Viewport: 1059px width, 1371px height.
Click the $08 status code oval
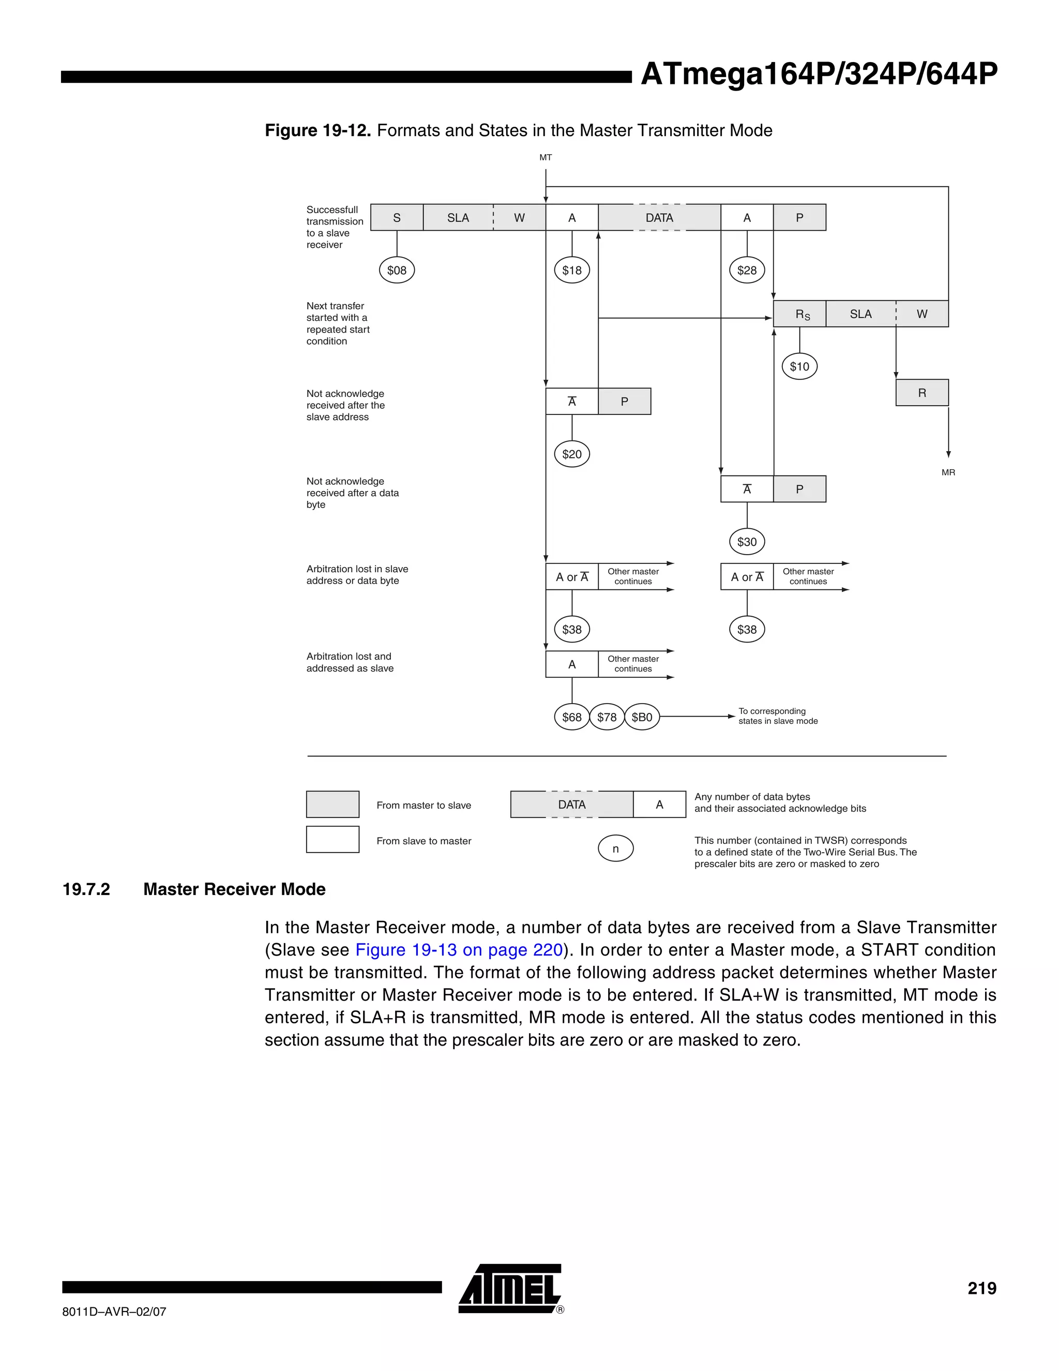click(397, 271)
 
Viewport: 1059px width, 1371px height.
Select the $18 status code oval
click(571, 271)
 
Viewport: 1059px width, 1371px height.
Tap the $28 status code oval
click(747, 271)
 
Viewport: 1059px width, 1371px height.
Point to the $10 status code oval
click(799, 367)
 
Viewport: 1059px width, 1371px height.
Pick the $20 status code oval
click(571, 454)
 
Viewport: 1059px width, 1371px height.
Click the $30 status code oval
click(747, 542)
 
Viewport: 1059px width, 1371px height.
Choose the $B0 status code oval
click(642, 717)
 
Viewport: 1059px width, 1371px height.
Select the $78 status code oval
click(607, 717)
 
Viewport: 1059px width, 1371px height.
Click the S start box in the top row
click(397, 218)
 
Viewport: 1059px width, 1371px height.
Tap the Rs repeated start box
click(800, 314)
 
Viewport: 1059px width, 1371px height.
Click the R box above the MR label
click(921, 393)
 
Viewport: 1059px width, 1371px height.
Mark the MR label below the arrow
click(948, 472)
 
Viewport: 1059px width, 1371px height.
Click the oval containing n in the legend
click(615, 848)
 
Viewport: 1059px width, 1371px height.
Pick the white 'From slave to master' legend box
click(332, 840)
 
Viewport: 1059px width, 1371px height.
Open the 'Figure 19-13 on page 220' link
click(459, 950)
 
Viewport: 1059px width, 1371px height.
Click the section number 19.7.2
click(86, 889)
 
